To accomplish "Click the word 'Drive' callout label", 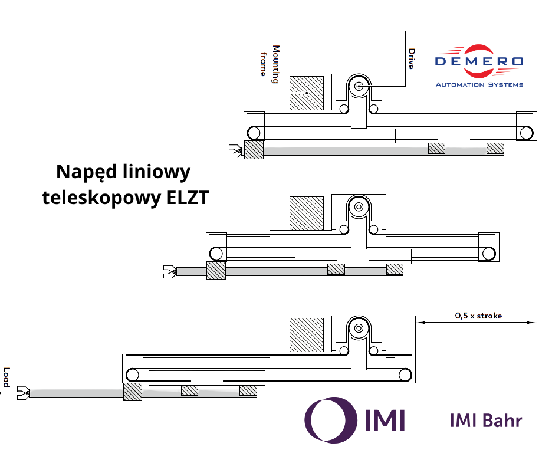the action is click(411, 58).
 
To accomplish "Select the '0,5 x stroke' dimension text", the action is click(478, 316).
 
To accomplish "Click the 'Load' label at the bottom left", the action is click(6, 377).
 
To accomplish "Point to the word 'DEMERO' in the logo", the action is click(479, 61).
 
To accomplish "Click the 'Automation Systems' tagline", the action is click(479, 85).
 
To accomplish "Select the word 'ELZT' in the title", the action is click(188, 198).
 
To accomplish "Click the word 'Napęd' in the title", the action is click(87, 172).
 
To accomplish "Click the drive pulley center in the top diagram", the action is click(359, 86).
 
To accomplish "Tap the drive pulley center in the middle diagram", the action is click(359, 207).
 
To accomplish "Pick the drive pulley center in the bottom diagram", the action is click(359, 329).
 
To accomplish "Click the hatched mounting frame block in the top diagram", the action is click(307, 93).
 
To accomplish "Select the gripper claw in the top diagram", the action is click(235, 151).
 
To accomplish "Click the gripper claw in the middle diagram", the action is click(170, 272).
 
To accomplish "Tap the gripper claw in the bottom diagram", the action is click(23, 393).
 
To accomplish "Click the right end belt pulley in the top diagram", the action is click(527, 133).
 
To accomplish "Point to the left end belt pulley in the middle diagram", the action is click(216, 254).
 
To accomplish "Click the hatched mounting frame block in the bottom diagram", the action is click(307, 334).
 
